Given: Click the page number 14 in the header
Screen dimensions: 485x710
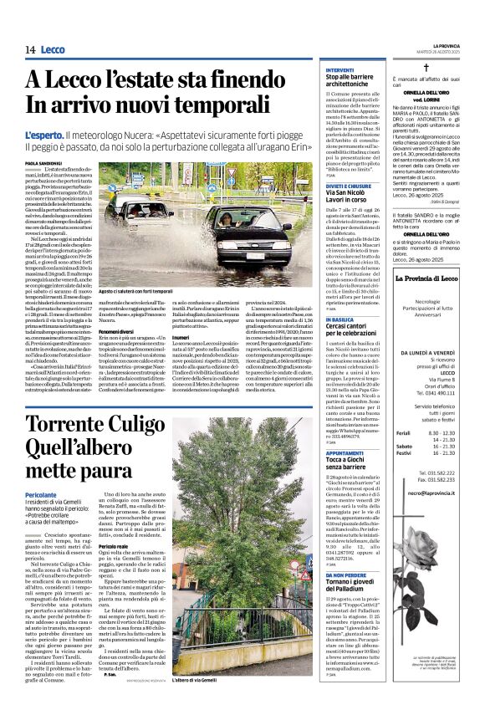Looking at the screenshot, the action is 30,50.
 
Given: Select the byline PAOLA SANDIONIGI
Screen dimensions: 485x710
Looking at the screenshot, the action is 42,140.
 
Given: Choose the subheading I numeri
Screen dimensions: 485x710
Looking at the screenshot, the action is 203,314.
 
